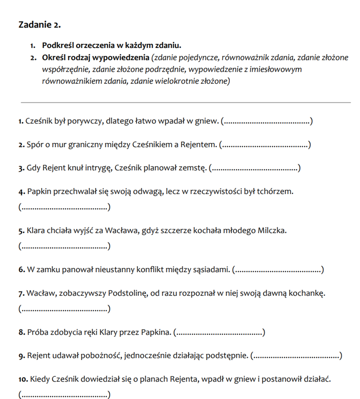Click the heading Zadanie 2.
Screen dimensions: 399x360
[x=39, y=25]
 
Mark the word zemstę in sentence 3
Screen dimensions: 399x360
[x=192, y=168]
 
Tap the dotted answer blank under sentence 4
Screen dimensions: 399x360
[x=64, y=207]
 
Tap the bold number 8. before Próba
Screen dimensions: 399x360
[x=22, y=332]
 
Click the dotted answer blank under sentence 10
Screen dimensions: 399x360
[x=64, y=395]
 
